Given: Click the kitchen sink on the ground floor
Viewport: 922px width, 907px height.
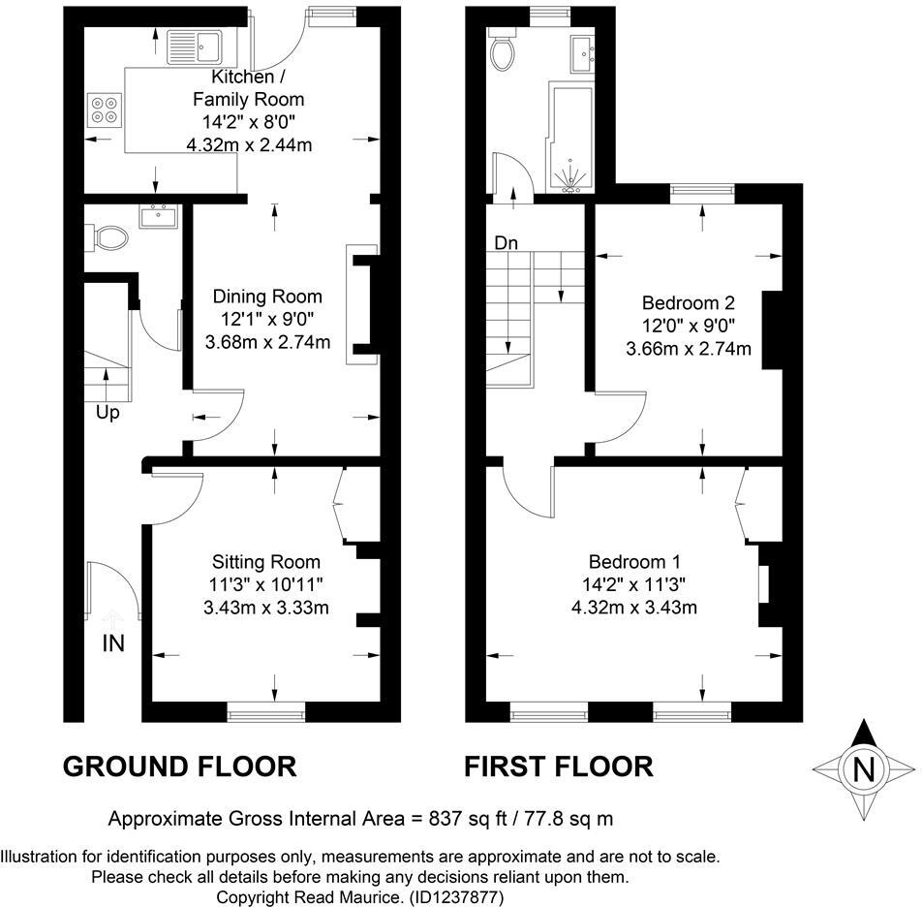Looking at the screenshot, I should [196, 45].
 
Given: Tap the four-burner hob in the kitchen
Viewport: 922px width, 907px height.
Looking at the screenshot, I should [105, 109].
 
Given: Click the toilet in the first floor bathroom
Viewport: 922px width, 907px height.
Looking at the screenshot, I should [503, 52].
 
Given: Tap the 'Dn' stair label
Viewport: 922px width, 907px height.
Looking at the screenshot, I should [507, 243].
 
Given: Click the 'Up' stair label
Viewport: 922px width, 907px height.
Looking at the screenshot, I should [108, 413].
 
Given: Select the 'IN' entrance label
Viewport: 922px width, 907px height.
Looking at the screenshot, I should [113, 642].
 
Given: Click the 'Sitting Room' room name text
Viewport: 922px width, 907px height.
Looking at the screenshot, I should [266, 562].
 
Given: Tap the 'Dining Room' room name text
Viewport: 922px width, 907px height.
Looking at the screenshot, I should [267, 297].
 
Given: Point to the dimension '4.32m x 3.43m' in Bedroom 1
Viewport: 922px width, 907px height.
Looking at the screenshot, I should [634, 608].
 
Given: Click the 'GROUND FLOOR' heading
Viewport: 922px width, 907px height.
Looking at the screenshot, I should [179, 766].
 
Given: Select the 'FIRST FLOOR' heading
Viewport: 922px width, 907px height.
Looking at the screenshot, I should [559, 766].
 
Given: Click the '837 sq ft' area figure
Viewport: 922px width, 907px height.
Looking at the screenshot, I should [469, 819].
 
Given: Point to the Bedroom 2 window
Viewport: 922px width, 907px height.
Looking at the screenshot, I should [701, 194].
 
